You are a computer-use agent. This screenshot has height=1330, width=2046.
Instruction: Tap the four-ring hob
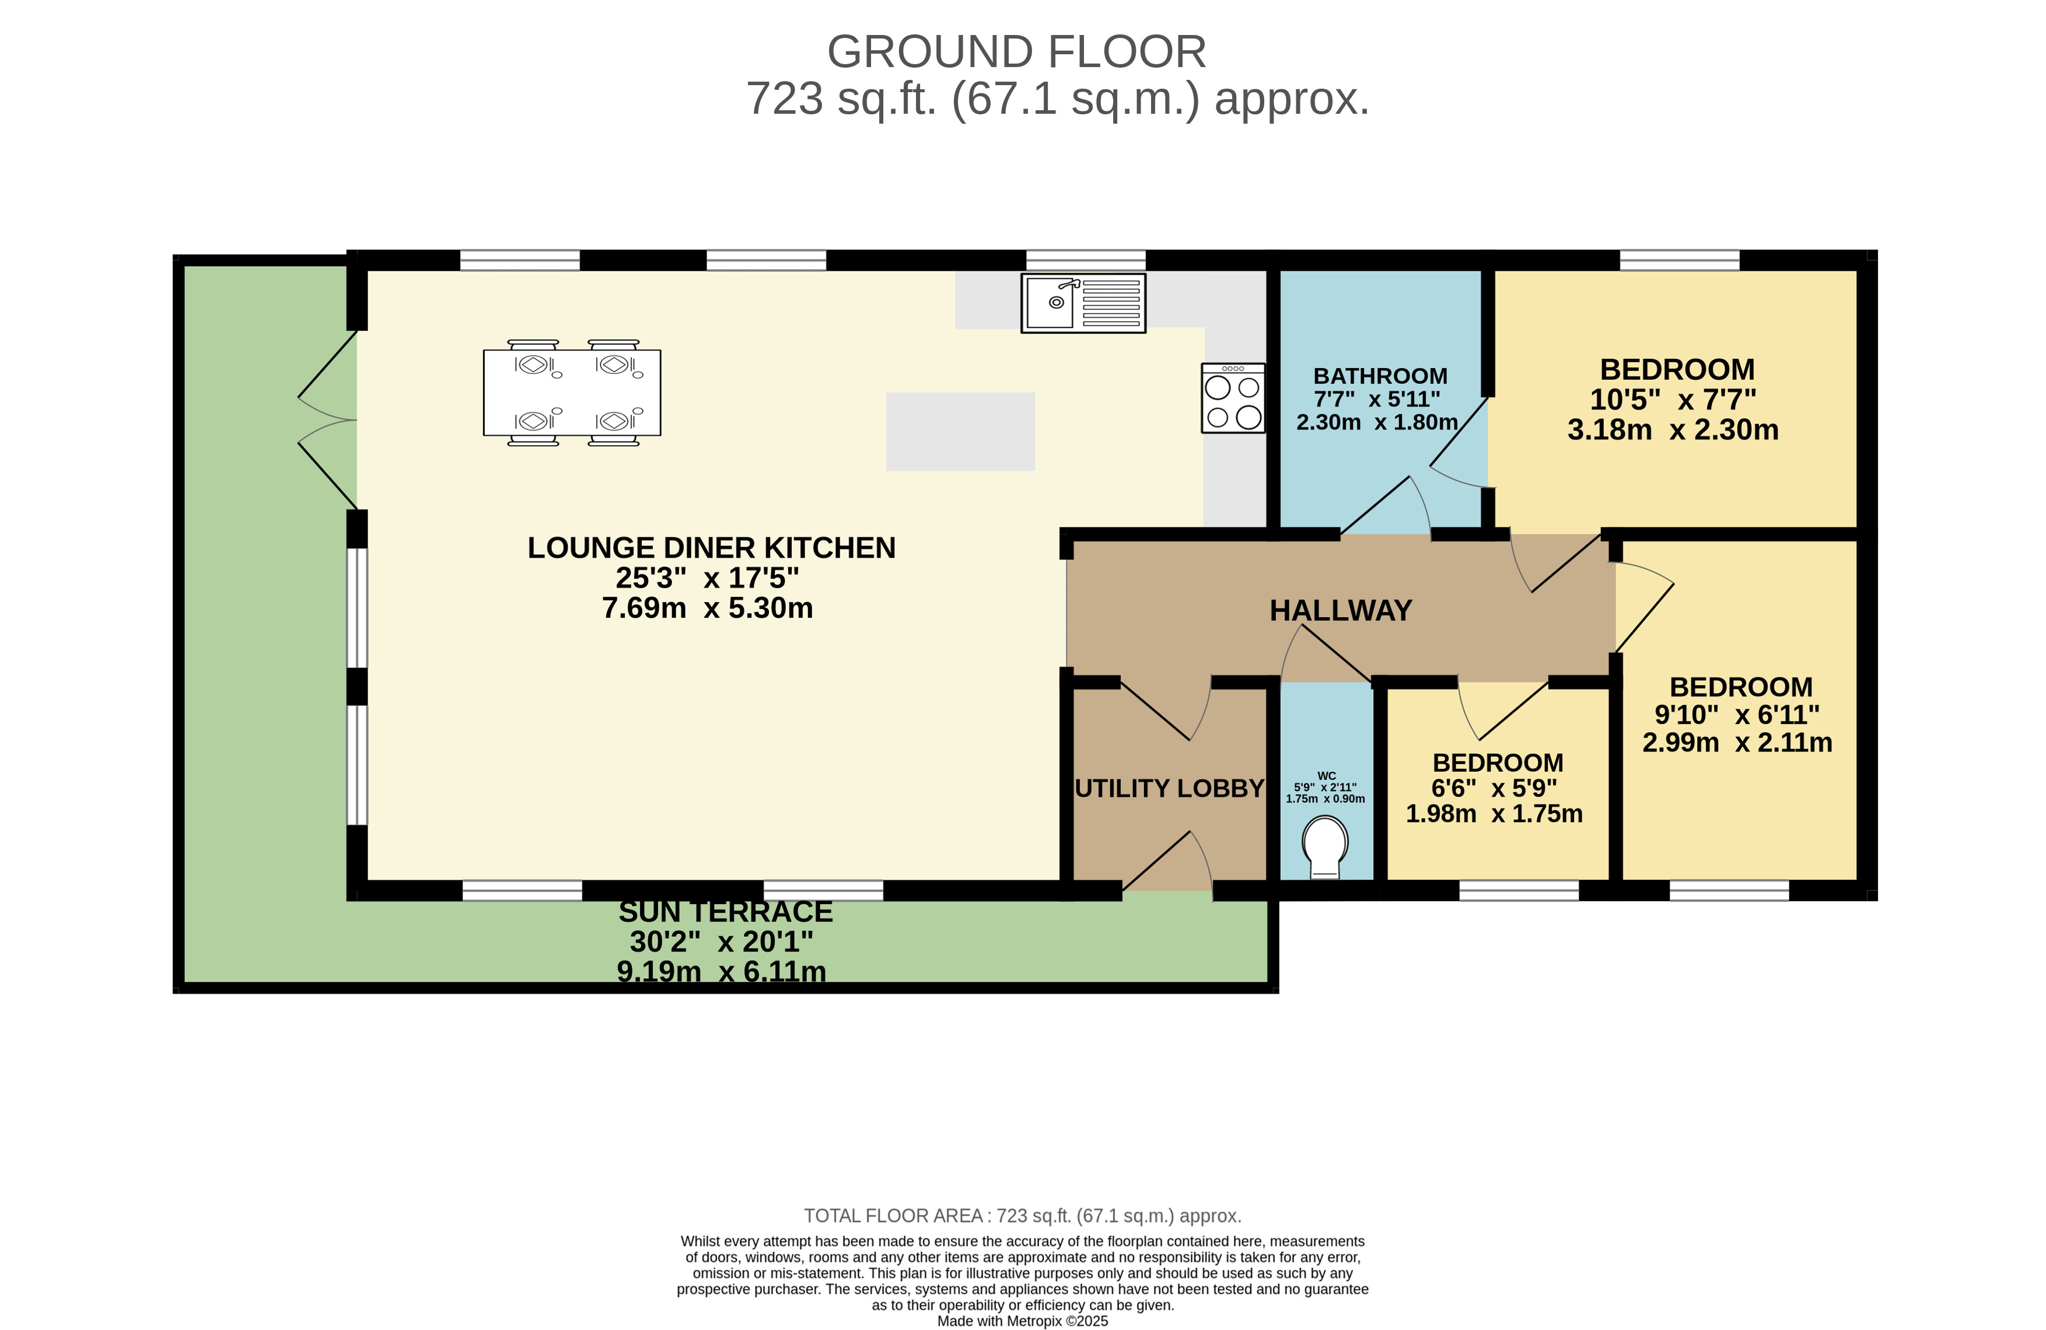1233,398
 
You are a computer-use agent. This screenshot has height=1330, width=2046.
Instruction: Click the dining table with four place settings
572,392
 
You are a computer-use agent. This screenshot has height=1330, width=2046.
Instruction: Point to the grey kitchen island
960,432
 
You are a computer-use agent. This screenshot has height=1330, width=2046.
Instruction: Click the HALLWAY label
1340,610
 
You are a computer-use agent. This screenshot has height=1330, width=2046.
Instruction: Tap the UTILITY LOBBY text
1169,788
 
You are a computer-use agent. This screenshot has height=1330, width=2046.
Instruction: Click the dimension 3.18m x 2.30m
1672,429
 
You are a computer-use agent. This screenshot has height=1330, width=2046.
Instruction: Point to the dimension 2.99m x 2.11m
1737,742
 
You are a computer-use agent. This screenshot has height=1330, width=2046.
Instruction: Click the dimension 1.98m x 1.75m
1494,813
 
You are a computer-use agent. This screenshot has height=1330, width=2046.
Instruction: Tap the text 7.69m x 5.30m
707,608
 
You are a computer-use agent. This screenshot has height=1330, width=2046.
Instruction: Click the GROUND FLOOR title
1016,51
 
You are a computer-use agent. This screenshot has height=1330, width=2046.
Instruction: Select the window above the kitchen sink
1085,260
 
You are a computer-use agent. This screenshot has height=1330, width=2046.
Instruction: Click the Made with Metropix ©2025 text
1022,1321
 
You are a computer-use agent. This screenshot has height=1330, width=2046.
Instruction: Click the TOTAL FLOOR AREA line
1022,1216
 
